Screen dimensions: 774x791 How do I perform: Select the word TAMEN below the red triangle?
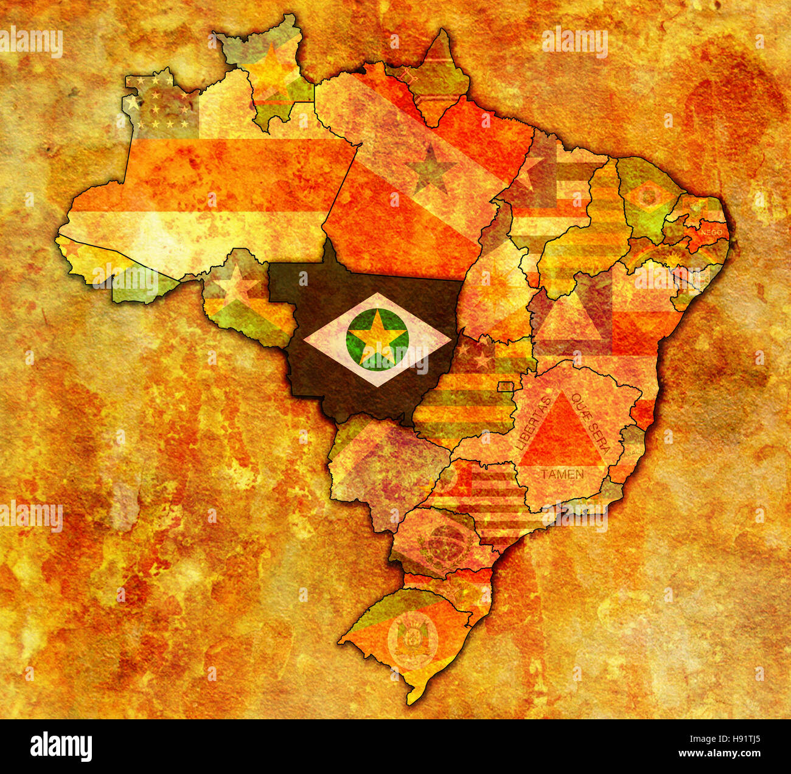point(562,474)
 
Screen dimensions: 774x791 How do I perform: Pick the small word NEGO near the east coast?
point(711,232)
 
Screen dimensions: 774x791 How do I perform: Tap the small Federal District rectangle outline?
point(505,387)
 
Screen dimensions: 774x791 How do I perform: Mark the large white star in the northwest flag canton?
point(133,103)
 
